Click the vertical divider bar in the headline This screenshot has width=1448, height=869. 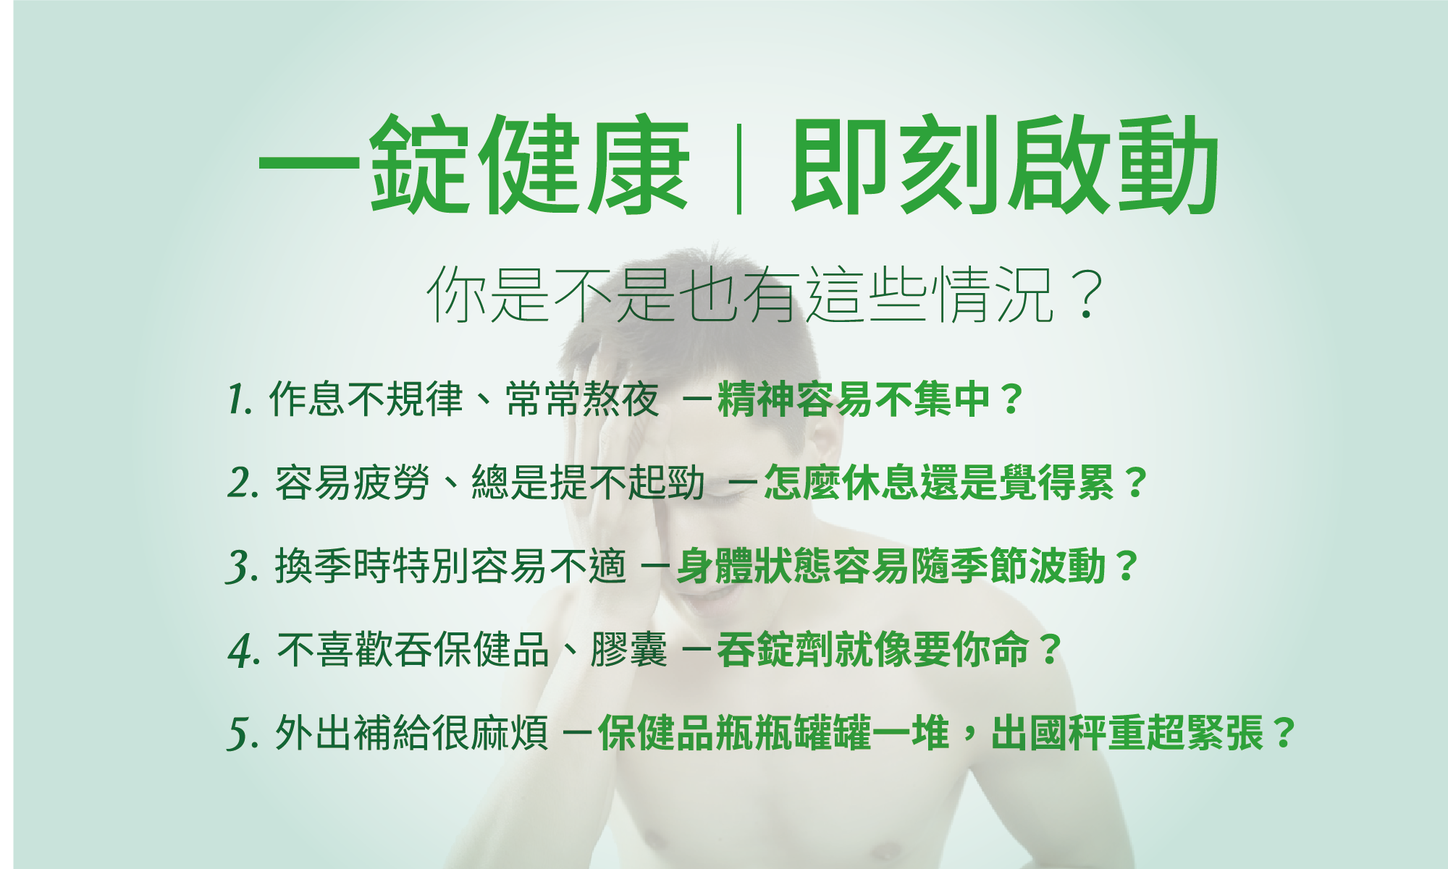pos(738,169)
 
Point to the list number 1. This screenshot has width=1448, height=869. pos(240,399)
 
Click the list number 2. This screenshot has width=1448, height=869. pos(243,483)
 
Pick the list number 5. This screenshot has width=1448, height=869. pos(243,734)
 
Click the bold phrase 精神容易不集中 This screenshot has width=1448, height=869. pos(853,399)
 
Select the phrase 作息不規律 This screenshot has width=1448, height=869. pos(366,399)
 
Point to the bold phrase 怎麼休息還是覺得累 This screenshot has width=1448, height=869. pos(939,482)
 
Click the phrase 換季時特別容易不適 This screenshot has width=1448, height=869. pos(450,566)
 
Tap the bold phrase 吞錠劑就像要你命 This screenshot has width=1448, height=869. pos(873,649)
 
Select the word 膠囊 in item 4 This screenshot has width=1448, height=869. pos(628,649)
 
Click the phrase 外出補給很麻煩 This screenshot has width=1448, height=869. pos(411,733)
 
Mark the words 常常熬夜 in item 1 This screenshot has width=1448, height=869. pos(582,399)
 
